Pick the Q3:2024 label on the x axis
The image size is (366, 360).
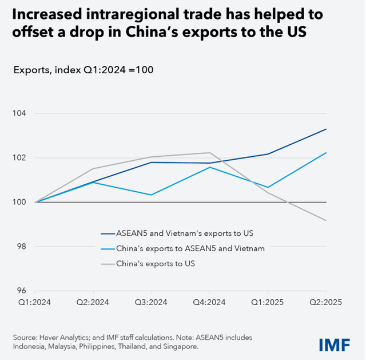(151, 302)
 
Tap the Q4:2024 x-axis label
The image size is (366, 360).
(209, 302)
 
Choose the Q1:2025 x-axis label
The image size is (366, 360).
(268, 302)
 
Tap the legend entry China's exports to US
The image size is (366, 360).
(149, 263)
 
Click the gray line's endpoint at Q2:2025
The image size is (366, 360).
(326, 220)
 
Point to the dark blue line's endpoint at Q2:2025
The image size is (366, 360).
(326, 129)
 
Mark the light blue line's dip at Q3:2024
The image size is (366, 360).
(151, 195)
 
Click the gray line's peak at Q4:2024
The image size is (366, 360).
(209, 153)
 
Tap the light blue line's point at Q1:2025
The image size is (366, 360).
(268, 187)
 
